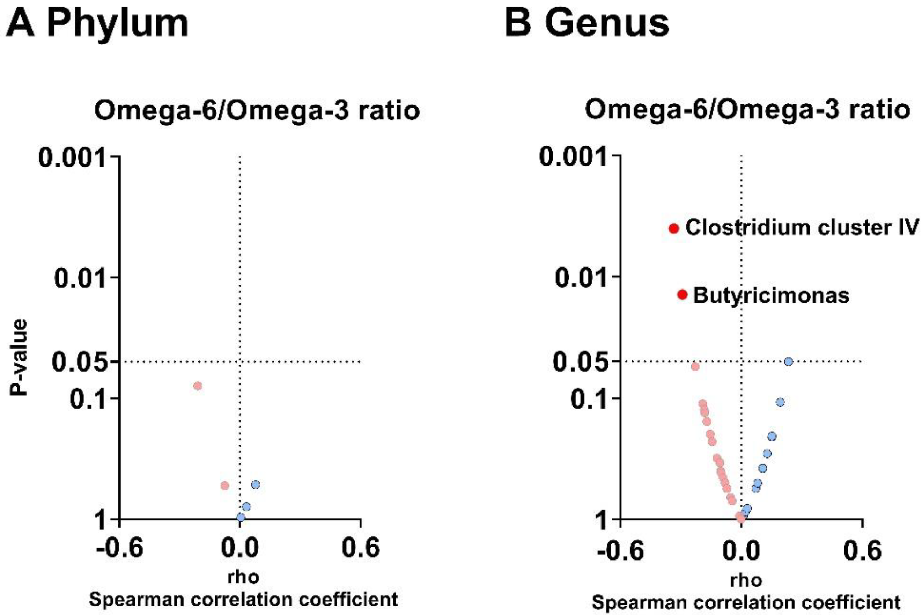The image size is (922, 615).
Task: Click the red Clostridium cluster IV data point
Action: coord(673,228)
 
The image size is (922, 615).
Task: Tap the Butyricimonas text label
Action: coord(771,296)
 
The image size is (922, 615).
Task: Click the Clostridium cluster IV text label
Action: coord(802,227)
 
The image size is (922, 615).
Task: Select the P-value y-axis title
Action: coord(19,357)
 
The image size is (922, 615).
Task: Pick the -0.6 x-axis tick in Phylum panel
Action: coord(119,548)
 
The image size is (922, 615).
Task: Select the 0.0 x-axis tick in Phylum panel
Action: coord(240,548)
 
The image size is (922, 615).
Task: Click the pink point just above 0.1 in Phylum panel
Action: coord(198,386)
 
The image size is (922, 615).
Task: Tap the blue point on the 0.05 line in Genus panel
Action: coord(788,361)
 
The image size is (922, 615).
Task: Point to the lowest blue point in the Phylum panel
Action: coord(241,517)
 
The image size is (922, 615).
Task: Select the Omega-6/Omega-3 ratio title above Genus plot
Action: coord(747,110)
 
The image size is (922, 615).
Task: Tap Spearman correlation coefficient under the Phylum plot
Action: coord(243,600)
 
